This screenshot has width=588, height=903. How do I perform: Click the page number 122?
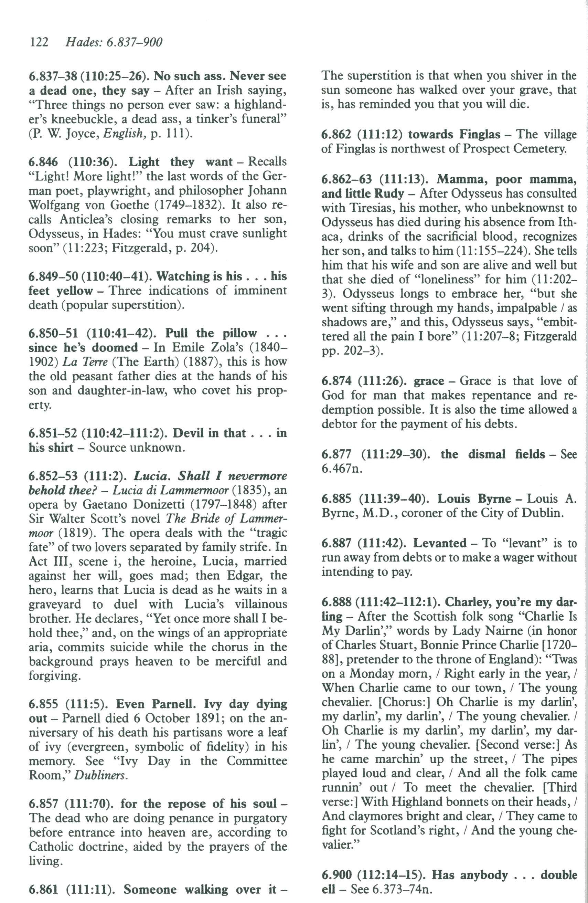(x=39, y=42)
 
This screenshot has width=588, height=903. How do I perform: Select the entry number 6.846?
(x=43, y=162)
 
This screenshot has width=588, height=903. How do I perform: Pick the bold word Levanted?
(x=440, y=543)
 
